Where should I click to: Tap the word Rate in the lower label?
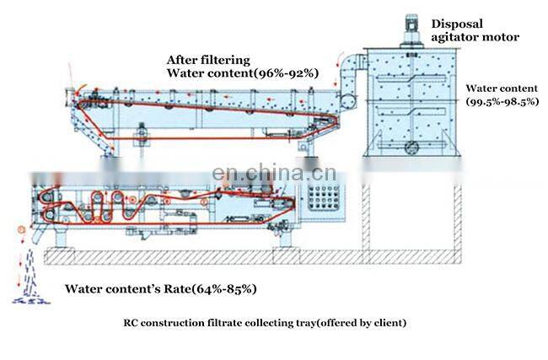point(171,289)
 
